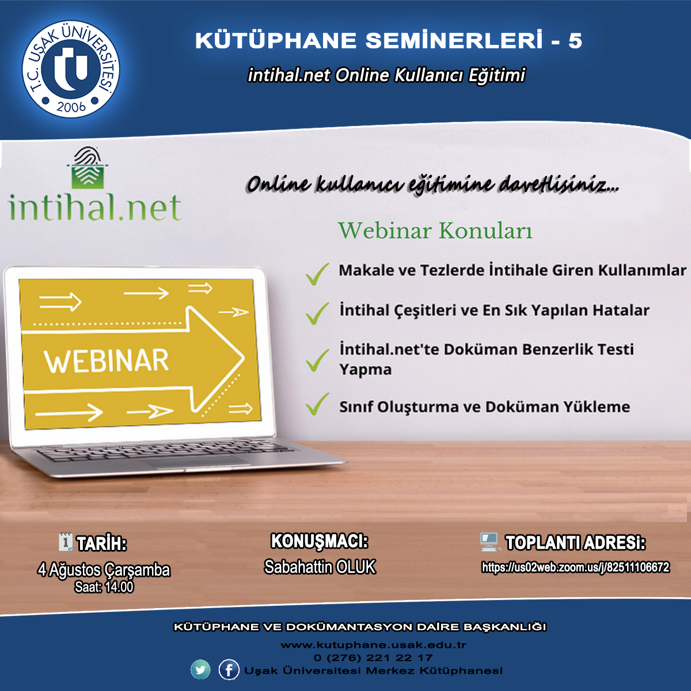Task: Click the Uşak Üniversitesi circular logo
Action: click(x=71, y=69)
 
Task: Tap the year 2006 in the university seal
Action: click(x=71, y=107)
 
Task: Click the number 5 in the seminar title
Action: click(x=575, y=40)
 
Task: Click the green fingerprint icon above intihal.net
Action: click(x=88, y=168)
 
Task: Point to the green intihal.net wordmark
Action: click(x=95, y=207)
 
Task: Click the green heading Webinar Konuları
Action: click(x=435, y=230)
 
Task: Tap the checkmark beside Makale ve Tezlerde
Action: click(x=317, y=274)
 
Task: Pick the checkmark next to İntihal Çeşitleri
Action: click(x=317, y=313)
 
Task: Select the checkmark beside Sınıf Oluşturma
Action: click(x=317, y=404)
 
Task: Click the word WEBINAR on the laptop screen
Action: click(x=106, y=360)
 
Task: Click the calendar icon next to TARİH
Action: click(x=66, y=542)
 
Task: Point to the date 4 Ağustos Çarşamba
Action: click(x=104, y=570)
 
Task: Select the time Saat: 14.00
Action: click(x=104, y=587)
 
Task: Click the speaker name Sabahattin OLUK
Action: click(x=320, y=567)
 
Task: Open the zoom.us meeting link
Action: click(x=575, y=567)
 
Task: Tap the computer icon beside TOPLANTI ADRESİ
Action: click(x=489, y=542)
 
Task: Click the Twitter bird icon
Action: click(x=200, y=669)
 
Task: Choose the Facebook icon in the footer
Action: click(x=229, y=669)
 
